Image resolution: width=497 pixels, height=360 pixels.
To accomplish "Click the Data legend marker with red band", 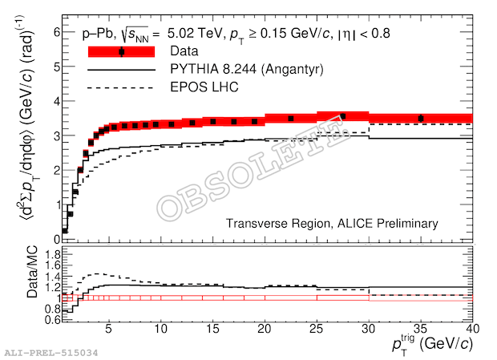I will pyautogui.click(x=121, y=52).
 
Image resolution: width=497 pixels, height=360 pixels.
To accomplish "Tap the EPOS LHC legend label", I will pyautogui.click(x=204, y=87).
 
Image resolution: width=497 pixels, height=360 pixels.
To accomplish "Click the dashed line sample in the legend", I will pyautogui.click(x=121, y=87).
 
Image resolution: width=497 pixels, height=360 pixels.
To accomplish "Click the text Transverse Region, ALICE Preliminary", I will pyautogui.click(x=332, y=224).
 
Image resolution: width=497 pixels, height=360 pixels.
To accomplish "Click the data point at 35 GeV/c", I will pyautogui.click(x=421, y=119).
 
